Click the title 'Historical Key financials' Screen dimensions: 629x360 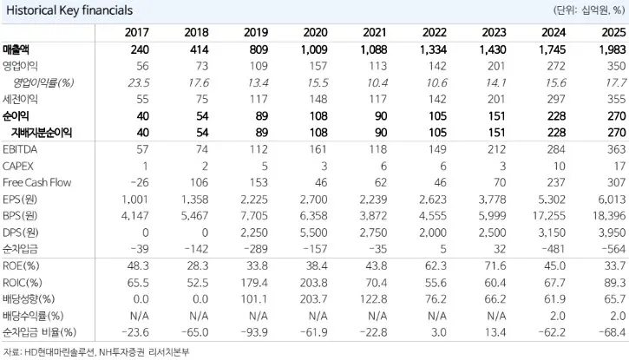[69, 10]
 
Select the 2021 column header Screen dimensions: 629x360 [375, 32]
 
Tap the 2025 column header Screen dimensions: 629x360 [613, 32]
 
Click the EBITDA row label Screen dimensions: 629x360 [20, 149]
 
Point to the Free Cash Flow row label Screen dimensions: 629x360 [37, 182]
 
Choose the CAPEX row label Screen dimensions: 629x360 [18, 166]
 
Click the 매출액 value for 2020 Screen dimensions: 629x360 [314, 49]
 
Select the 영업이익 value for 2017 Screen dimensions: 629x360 [142, 66]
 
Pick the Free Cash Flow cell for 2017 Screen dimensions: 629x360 [139, 182]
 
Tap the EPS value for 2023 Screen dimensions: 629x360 [493, 200]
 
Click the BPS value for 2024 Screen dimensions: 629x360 [549, 216]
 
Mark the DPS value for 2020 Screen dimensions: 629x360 [314, 232]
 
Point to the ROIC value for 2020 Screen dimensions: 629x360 [314, 283]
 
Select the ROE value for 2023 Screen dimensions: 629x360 [495, 265]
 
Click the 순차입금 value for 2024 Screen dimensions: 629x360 [554, 249]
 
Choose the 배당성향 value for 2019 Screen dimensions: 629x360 [254, 299]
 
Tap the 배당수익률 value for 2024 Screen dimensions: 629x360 [558, 316]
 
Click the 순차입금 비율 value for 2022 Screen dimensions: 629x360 [438, 332]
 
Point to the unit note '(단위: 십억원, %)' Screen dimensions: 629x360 [589, 10]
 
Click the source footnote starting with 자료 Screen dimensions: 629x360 [95, 352]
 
